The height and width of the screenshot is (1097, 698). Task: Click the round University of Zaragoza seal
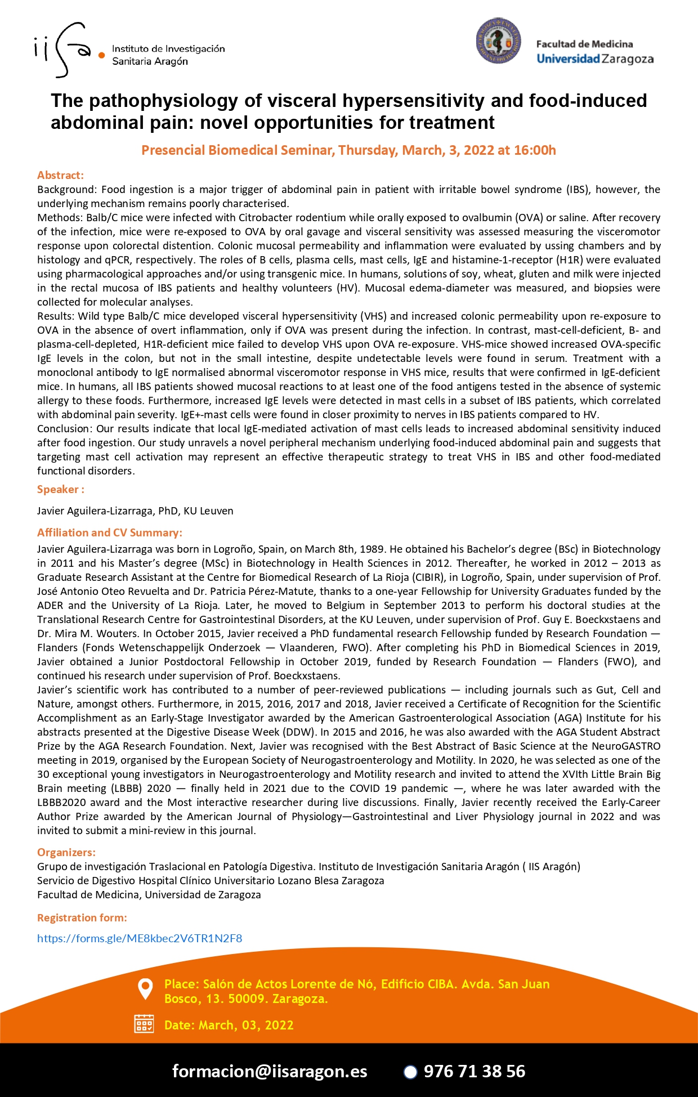498,41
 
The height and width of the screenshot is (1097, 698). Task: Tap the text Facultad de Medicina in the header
584,44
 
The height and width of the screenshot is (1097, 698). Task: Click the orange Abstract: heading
60,175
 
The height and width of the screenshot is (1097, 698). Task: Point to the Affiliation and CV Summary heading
110,532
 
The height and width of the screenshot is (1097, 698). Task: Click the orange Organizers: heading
66,852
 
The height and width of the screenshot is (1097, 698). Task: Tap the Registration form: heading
82,917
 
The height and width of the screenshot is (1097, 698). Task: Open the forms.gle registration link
140,938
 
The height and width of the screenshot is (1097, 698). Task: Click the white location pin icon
145,989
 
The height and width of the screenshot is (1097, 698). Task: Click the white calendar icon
144,1024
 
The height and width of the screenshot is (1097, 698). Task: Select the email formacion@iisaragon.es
270,1071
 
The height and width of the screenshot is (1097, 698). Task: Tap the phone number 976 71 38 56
474,1071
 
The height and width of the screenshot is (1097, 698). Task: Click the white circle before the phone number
410,1072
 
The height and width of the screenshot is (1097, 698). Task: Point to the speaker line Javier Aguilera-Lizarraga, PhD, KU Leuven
135,511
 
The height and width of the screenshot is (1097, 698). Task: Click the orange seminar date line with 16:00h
348,150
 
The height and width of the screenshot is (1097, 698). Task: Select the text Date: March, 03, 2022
229,1025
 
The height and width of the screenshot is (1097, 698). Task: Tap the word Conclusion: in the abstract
65,429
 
